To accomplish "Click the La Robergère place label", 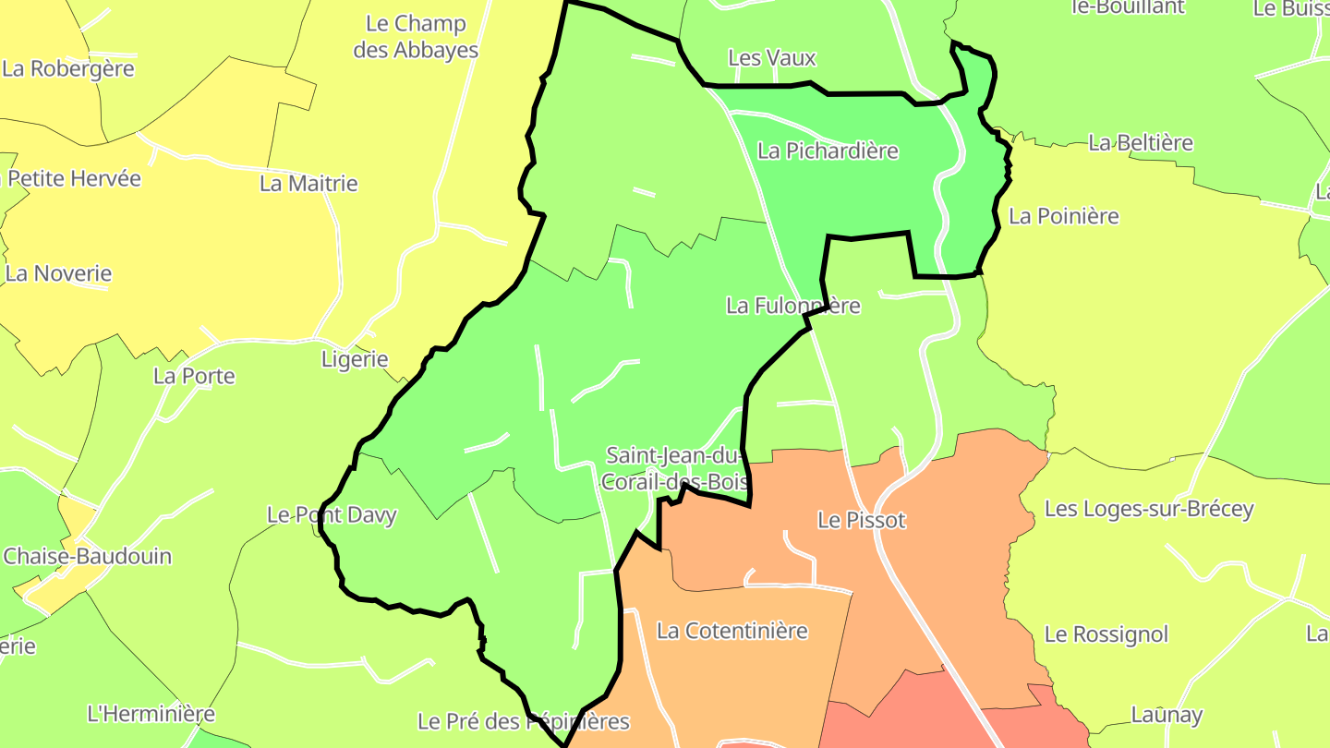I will (x=68, y=68).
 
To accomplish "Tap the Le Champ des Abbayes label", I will (x=416, y=37).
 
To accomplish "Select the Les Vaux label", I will (x=772, y=58).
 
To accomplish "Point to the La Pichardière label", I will (x=828, y=151).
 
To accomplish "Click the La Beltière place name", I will (x=1141, y=143).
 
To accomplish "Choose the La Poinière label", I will (x=1064, y=216).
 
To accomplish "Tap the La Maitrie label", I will (x=308, y=184).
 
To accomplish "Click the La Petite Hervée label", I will (x=74, y=178).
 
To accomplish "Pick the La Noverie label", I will (x=58, y=273).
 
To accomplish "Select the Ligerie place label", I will (x=355, y=359).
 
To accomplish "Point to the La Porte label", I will (x=194, y=376).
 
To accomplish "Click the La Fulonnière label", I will (x=793, y=306).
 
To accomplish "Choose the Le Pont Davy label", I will (x=332, y=515).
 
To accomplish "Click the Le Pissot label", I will (x=862, y=521).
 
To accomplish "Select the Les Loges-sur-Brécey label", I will (x=1149, y=509).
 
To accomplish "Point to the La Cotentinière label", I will (x=732, y=631).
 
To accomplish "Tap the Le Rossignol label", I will (x=1106, y=634).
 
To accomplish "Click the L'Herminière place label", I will (x=151, y=714).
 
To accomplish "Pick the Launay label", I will (x=1167, y=715).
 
